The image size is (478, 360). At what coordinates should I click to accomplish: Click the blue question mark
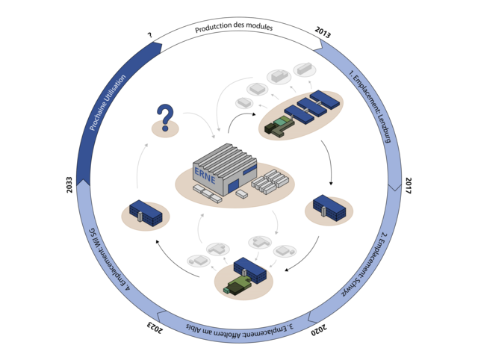(x=164, y=117)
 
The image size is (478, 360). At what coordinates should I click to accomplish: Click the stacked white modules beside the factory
(x=269, y=181)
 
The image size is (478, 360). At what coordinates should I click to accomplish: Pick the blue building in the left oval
(x=145, y=211)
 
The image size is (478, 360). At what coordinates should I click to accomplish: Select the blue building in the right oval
(x=329, y=207)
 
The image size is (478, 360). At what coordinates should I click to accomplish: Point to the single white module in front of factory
(x=241, y=193)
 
